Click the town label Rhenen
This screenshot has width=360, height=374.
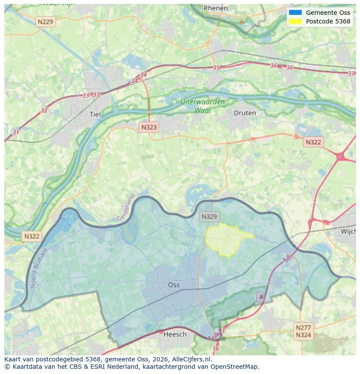216,8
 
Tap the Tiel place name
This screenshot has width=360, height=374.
95,114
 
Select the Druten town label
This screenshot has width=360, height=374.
245,113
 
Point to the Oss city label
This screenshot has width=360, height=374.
174,285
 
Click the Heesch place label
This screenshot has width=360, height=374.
175,334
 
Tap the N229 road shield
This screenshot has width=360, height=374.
46,21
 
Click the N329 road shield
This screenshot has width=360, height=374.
210,216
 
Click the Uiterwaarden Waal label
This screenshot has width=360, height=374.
203,106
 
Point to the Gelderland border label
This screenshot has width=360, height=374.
126,207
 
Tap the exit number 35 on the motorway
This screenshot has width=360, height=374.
216,68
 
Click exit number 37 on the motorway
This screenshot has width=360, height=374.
351,73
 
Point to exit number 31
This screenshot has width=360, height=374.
16,132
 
